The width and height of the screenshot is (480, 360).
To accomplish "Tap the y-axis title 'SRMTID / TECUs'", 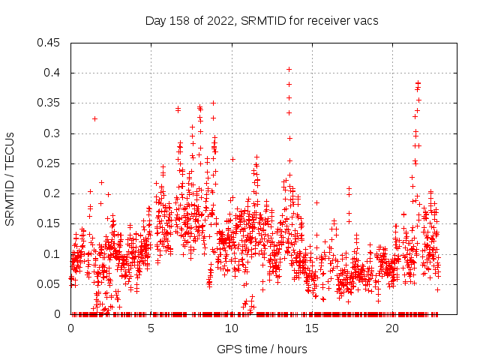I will pos(10,178).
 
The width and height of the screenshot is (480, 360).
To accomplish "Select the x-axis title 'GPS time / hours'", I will pos(262,349).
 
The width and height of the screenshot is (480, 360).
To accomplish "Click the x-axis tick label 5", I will pos(151,328).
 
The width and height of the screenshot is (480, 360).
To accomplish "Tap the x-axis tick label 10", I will pos(231,328).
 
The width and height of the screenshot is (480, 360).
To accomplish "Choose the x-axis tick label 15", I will pos(311,328).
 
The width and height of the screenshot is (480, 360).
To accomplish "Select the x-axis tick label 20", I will pos(391,328).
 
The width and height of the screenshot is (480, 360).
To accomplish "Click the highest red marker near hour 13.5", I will pos(289,70).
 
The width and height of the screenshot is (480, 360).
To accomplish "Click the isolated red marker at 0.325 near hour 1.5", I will pos(94,118).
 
